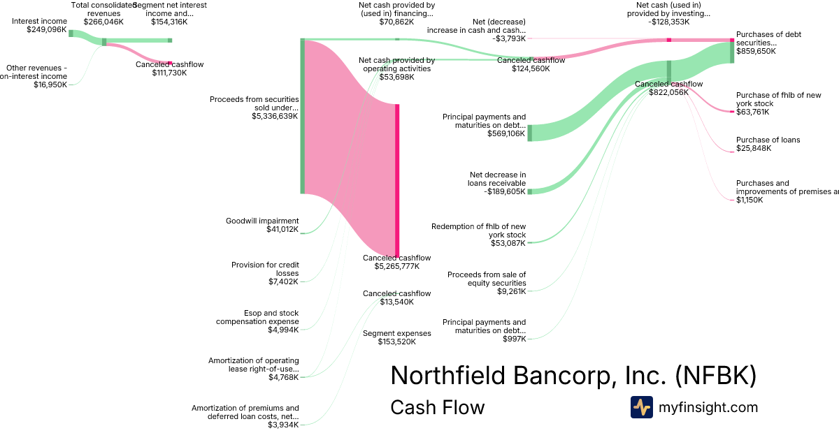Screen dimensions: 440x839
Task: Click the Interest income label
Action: [x=39, y=21]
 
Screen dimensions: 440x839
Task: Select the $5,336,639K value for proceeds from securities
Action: [x=275, y=117]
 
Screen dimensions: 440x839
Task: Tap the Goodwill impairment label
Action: [x=261, y=221]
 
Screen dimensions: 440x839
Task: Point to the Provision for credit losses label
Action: [x=265, y=269]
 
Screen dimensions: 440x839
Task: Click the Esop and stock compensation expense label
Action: [x=257, y=317]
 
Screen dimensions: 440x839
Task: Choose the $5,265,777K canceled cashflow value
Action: [x=396, y=266]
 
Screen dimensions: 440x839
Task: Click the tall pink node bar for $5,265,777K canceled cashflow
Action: [x=397, y=180]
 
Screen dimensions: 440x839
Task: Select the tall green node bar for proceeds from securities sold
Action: [x=303, y=116]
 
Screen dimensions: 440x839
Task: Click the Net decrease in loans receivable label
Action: [x=497, y=179]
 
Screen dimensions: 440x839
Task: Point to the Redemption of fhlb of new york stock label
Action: [x=478, y=230]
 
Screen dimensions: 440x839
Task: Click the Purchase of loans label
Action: [x=768, y=140]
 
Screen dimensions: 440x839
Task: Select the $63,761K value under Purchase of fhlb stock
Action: [x=752, y=112]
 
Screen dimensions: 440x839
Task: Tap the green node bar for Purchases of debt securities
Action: [x=732, y=52]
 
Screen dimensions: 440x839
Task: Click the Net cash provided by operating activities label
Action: [x=396, y=64]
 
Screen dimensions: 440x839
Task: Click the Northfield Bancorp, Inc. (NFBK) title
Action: [x=573, y=375]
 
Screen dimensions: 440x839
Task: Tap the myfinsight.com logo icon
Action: [x=641, y=407]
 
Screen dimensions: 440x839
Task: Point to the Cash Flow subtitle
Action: [x=437, y=407]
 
